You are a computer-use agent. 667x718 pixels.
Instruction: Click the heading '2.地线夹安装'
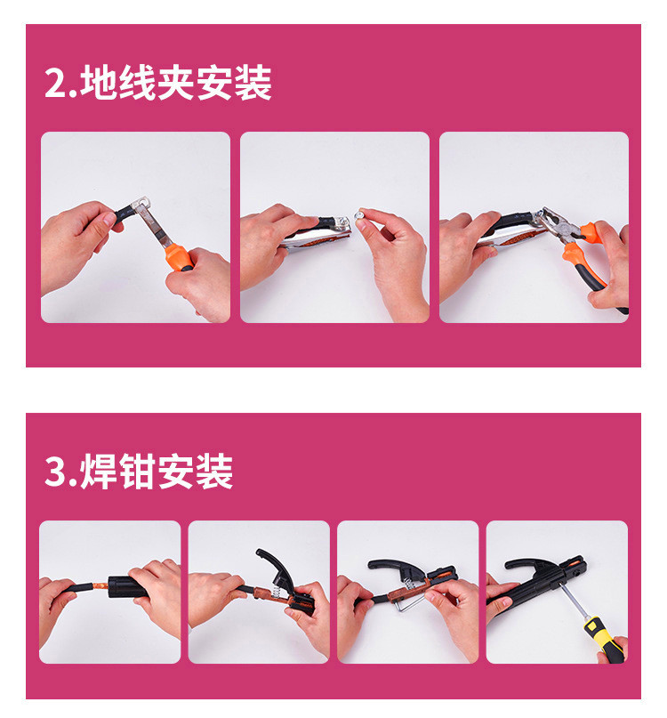pyautogui.click(x=158, y=83)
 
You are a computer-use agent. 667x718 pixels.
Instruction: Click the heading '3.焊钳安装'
pyautogui.click(x=139, y=472)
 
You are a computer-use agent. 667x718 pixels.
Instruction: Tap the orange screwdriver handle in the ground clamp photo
pyautogui.click(x=180, y=257)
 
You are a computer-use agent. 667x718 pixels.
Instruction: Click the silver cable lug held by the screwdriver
pyautogui.click(x=141, y=203)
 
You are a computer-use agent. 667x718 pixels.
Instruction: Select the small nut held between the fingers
pyautogui.click(x=360, y=214)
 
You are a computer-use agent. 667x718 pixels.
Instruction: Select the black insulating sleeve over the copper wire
pyautogui.click(x=126, y=587)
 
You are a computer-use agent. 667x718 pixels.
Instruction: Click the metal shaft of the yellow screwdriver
pyautogui.click(x=572, y=599)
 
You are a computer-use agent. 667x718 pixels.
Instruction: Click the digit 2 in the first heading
pyautogui.click(x=55, y=83)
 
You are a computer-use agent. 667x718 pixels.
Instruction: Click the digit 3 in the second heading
pyautogui.click(x=55, y=472)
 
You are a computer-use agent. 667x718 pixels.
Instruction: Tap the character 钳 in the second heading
pyautogui.click(x=138, y=472)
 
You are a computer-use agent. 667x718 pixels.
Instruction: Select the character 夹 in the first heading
pyautogui.click(x=176, y=83)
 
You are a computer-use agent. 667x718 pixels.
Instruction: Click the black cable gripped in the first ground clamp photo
pyautogui.click(x=123, y=214)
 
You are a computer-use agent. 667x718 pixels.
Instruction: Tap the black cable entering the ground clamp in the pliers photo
pyautogui.click(x=509, y=222)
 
